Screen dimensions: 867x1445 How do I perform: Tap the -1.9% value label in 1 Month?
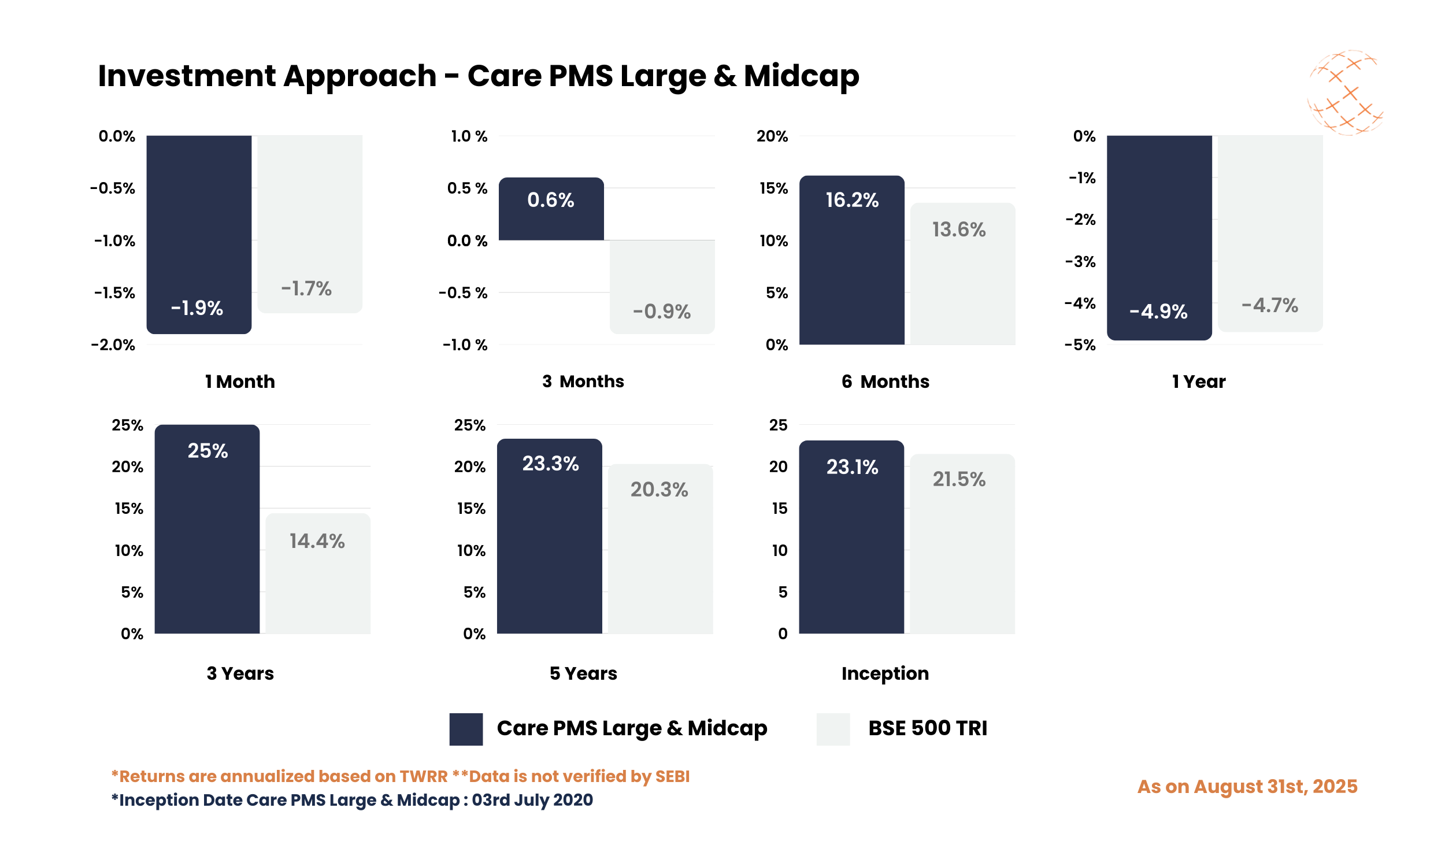pyautogui.click(x=197, y=308)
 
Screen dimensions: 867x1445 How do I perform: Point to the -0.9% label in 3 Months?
pyautogui.click(x=662, y=312)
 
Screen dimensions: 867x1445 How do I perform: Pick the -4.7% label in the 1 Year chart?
pyautogui.click(x=1269, y=305)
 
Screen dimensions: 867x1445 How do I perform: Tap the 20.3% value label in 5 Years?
pyautogui.click(x=659, y=489)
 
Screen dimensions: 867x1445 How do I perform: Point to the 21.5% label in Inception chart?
pyautogui.click(x=958, y=479)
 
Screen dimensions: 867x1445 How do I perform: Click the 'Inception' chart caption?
pyautogui.click(x=885, y=673)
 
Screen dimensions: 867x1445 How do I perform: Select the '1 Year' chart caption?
pyautogui.click(x=1199, y=381)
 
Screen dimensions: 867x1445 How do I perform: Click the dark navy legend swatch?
pyautogui.click(x=465, y=728)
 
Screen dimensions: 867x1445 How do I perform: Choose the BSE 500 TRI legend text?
pyautogui.click(x=927, y=728)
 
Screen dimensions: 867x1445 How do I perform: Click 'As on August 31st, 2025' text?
pyautogui.click(x=1247, y=787)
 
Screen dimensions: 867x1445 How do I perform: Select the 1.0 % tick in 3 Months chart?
pyautogui.click(x=468, y=136)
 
